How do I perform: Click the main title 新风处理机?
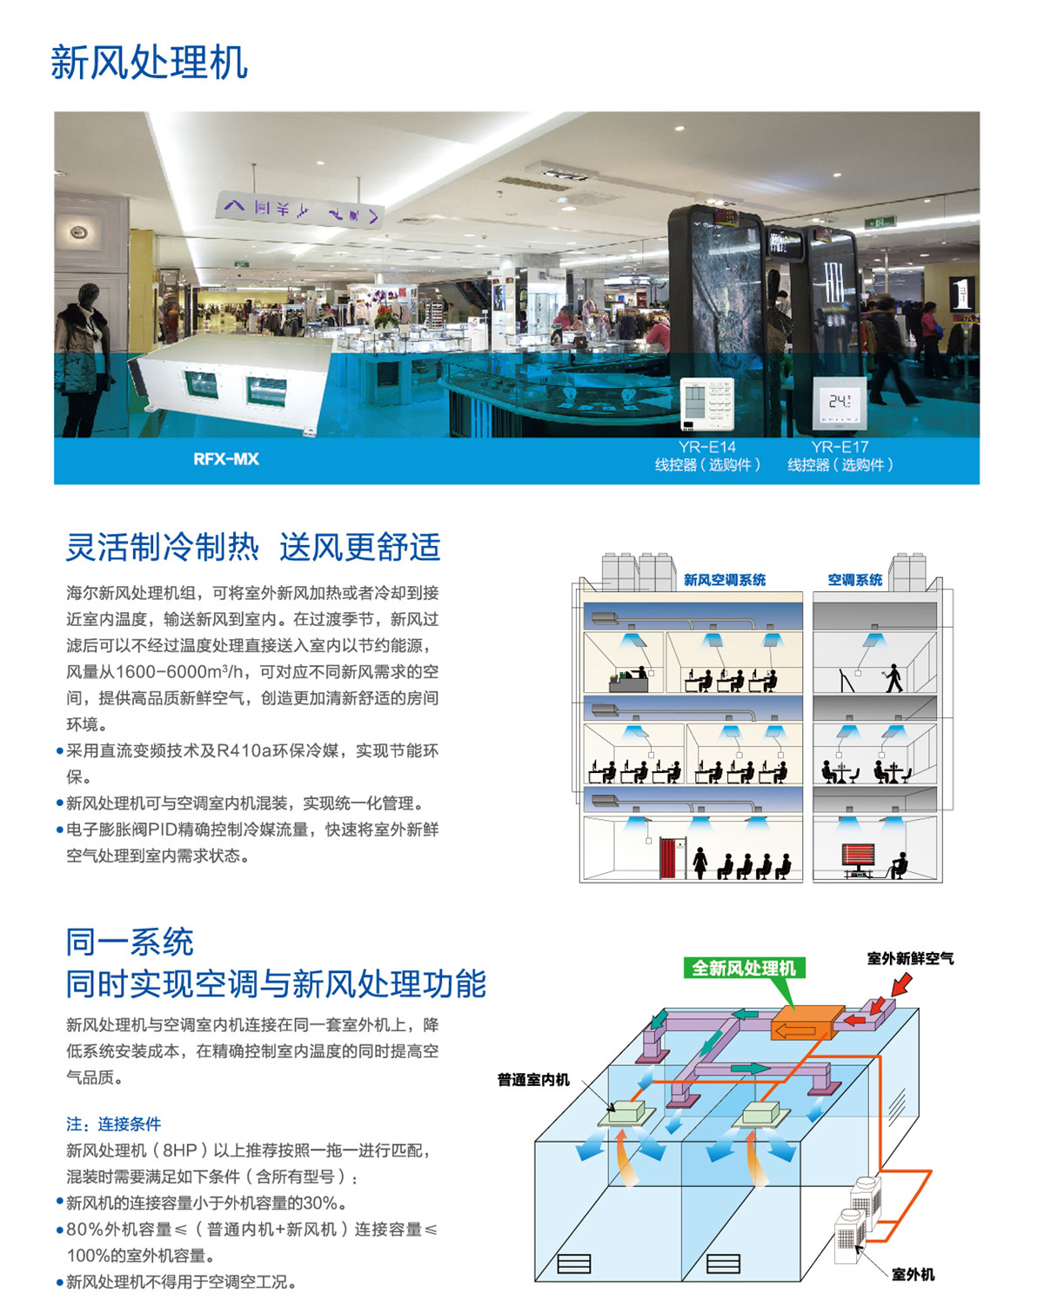click(149, 63)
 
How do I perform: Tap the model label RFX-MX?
click(226, 459)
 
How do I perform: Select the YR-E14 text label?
click(707, 447)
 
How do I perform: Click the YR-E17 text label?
click(840, 447)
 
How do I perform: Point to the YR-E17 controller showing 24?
click(840, 403)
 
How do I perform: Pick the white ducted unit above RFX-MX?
click(231, 383)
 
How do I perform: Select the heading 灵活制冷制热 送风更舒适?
click(253, 547)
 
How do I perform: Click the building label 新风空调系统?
click(725, 580)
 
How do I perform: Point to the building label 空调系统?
click(855, 580)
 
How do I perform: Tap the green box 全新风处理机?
click(744, 968)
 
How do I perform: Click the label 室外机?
click(913, 1275)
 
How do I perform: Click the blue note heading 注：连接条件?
click(114, 1124)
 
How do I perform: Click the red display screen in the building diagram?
click(858, 855)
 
